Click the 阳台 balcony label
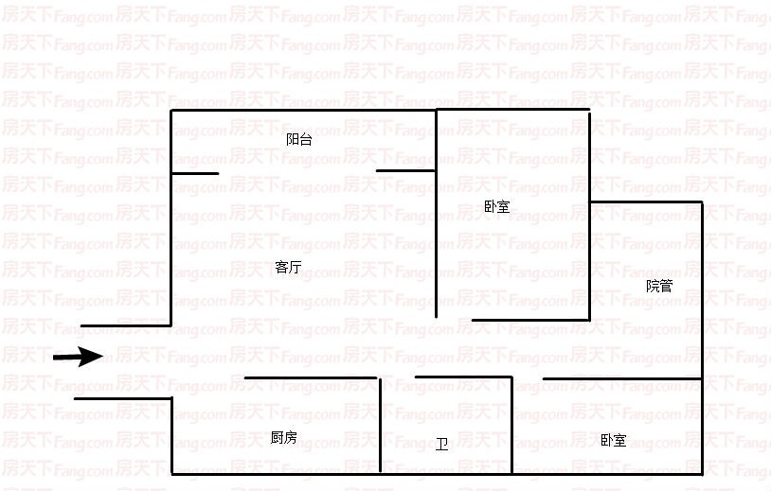(299, 139)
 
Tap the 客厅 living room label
(288, 267)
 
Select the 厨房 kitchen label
(284, 437)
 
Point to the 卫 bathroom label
(441, 445)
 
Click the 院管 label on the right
(659, 286)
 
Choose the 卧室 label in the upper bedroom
(496, 206)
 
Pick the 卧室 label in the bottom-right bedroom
(613, 440)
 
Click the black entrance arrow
(79, 357)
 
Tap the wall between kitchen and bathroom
(381, 425)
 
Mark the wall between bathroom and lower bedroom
(511, 425)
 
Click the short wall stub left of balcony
(195, 173)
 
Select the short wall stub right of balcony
(405, 171)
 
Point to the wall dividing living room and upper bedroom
(436, 214)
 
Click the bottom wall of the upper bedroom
(531, 320)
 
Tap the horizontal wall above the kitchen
(311, 377)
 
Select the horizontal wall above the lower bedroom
(622, 378)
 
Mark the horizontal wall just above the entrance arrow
(126, 325)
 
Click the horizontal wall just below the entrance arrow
(123, 398)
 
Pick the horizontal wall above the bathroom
(464, 377)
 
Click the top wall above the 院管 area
(646, 202)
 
